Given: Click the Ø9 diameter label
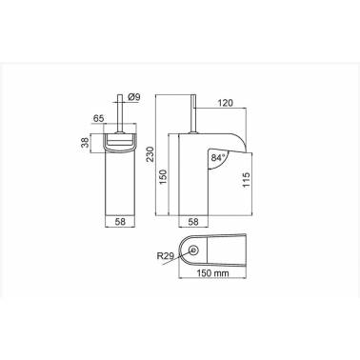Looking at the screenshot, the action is coord(134,97).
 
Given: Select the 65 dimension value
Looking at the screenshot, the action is coord(98,119).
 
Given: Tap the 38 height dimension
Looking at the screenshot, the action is coord(85,144).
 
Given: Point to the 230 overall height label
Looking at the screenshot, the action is coord(150,154).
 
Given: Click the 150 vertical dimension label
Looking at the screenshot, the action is coord(163,178).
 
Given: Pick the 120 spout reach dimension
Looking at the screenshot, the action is coord(225,103).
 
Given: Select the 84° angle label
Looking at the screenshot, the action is coord(218,158).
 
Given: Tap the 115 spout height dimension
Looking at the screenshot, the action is coord(247,180).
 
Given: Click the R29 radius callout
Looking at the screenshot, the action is coord(166,255).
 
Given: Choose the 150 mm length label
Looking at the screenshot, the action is coord(212,273).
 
